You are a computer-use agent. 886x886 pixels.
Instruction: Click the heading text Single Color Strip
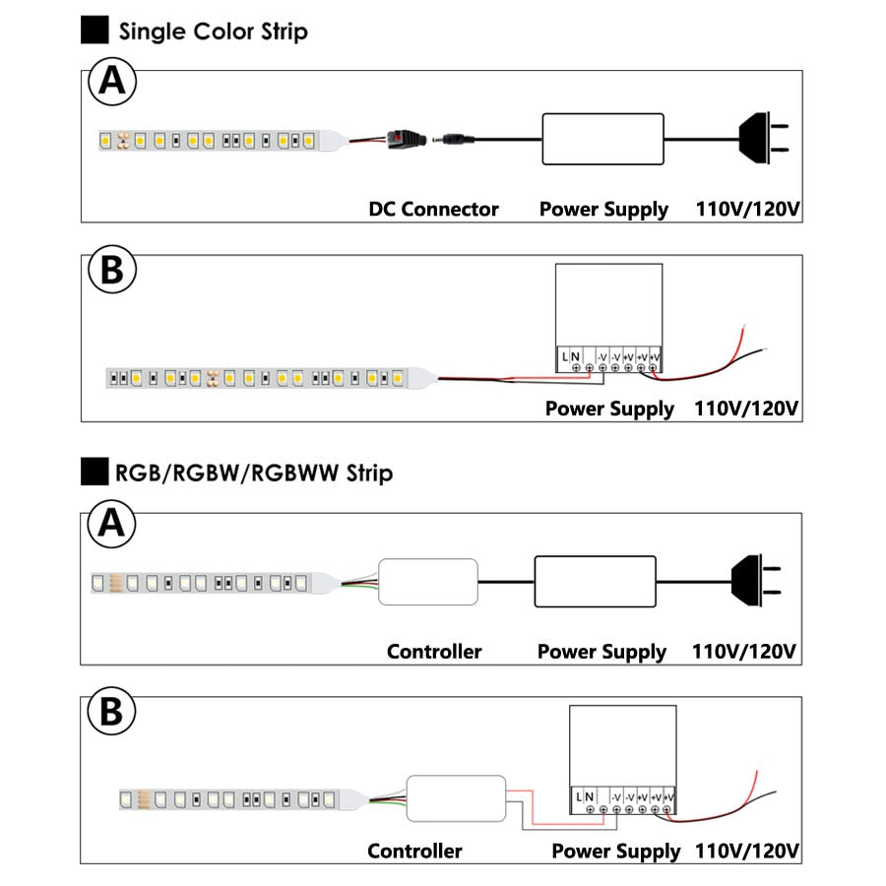[x=213, y=31]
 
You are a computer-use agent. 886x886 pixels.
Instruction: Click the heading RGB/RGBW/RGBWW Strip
[x=253, y=473]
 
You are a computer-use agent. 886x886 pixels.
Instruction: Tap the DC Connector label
[x=433, y=209]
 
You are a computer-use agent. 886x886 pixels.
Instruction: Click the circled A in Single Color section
[x=113, y=83]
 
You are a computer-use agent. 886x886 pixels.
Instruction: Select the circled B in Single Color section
[x=113, y=272]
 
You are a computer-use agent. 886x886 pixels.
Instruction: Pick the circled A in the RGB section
[x=113, y=525]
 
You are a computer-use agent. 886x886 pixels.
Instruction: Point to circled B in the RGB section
[x=113, y=712]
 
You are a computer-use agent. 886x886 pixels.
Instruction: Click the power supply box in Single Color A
[x=601, y=139]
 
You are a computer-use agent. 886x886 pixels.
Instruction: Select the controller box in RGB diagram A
[x=428, y=582]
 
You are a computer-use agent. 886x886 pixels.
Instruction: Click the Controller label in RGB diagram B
[x=414, y=851]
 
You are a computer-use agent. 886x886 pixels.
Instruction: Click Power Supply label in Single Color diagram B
[x=609, y=408]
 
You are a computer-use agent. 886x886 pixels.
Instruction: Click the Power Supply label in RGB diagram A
[x=601, y=652]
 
